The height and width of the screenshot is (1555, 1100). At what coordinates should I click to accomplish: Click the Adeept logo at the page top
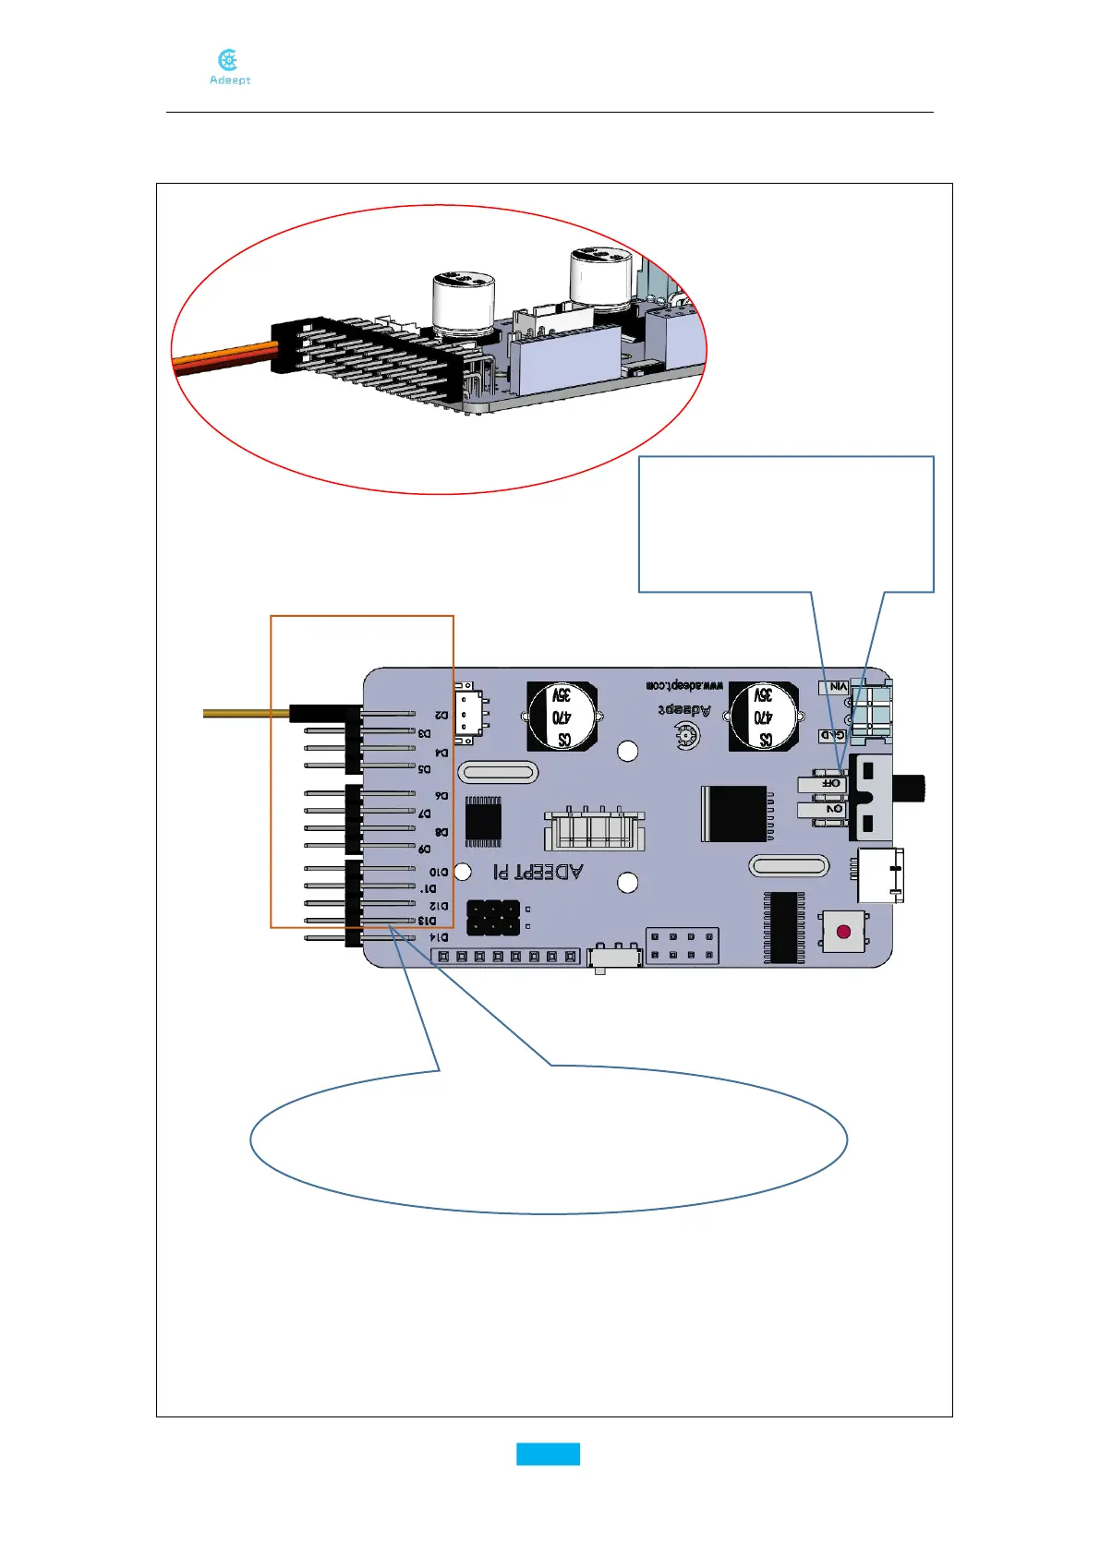point(229,67)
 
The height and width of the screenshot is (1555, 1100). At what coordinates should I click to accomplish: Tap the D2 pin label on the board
point(442,715)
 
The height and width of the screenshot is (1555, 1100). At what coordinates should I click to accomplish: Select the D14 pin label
point(439,937)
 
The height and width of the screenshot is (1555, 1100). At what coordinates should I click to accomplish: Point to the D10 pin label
point(438,871)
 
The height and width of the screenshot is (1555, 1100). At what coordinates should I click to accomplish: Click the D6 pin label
point(441,795)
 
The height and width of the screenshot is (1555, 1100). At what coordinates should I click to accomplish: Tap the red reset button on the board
point(843,931)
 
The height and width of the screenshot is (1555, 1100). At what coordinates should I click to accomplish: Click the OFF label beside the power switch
point(831,783)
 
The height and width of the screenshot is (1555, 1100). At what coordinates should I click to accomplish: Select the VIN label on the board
point(837,687)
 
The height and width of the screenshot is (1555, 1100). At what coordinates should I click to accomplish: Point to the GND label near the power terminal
point(833,735)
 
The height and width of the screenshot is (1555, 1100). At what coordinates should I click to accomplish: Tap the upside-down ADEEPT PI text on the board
point(537,871)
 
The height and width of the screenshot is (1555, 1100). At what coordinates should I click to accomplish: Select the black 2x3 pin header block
point(492,917)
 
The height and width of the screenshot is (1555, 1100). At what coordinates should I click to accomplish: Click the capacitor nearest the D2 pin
point(562,716)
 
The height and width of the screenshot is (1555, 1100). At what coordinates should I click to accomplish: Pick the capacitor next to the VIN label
point(764,716)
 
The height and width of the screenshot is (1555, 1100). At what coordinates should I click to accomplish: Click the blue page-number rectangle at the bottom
point(548,1453)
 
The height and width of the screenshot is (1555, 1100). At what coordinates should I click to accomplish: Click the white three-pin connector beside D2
point(470,712)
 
